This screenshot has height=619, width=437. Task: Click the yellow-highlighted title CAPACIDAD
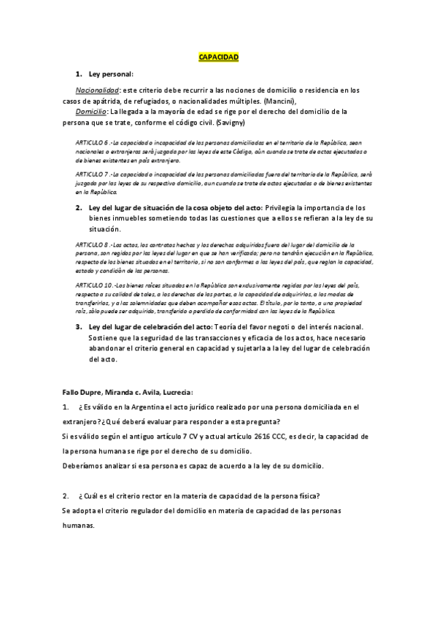(218, 57)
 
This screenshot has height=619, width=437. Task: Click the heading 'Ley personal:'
(111, 74)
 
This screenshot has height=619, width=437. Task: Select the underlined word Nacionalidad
(98, 91)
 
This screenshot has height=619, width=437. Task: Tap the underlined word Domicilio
(92, 112)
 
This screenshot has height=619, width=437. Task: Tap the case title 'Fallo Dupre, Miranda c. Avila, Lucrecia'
(127, 393)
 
